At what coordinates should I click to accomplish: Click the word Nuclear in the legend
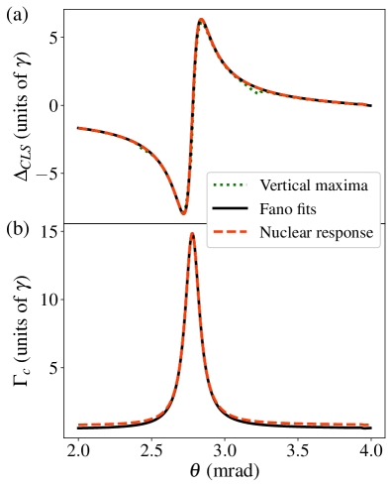(x=284, y=233)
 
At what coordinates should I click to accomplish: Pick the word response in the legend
(x=342, y=234)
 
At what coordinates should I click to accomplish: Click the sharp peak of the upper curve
(x=201, y=20)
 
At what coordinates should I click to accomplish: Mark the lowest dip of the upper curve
(x=183, y=211)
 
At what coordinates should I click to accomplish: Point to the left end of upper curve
(x=79, y=128)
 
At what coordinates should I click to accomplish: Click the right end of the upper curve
(x=368, y=104)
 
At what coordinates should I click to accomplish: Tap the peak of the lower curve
(x=192, y=235)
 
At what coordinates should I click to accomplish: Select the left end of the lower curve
(x=79, y=425)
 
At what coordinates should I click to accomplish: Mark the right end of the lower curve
(x=368, y=425)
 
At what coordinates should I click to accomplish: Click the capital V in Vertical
(x=265, y=185)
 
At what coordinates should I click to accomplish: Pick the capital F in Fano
(x=264, y=209)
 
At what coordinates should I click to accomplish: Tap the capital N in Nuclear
(x=265, y=233)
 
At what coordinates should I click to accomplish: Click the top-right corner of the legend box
(x=380, y=172)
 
